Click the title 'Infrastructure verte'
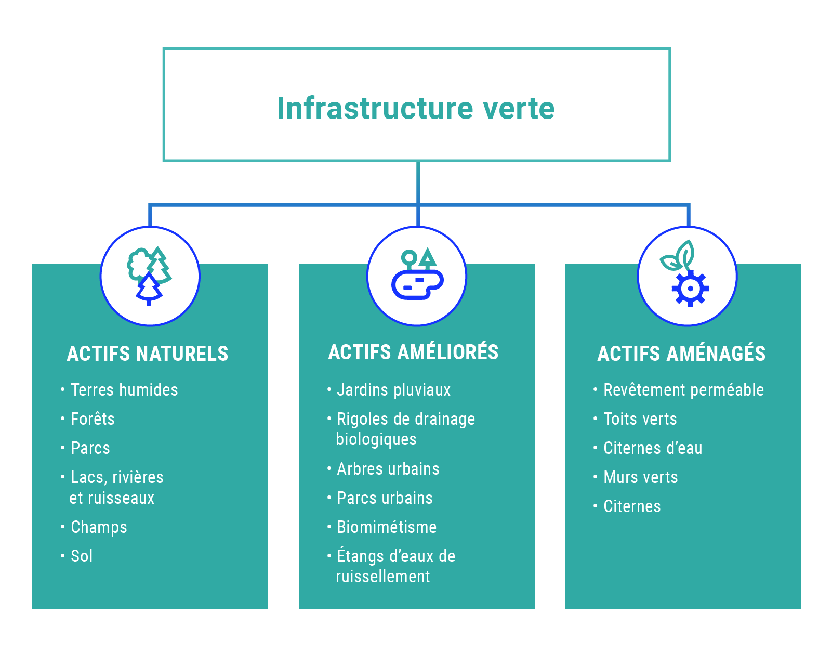[416, 108]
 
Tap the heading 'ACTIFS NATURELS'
[148, 354]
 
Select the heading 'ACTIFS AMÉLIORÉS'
[413, 352]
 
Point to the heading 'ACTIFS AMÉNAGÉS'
[681, 354]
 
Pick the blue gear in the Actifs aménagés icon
[690, 289]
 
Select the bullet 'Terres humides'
[124, 390]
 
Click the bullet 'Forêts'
[93, 419]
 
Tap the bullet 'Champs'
[99, 527]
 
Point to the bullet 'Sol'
[82, 556]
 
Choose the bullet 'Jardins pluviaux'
[393, 390]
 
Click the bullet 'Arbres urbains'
[388, 469]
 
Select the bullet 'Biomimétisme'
[387, 527]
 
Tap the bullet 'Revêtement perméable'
[683, 390]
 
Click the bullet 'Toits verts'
[640, 419]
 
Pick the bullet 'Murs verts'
[641, 477]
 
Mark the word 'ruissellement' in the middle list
[383, 577]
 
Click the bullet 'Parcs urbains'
[385, 498]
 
